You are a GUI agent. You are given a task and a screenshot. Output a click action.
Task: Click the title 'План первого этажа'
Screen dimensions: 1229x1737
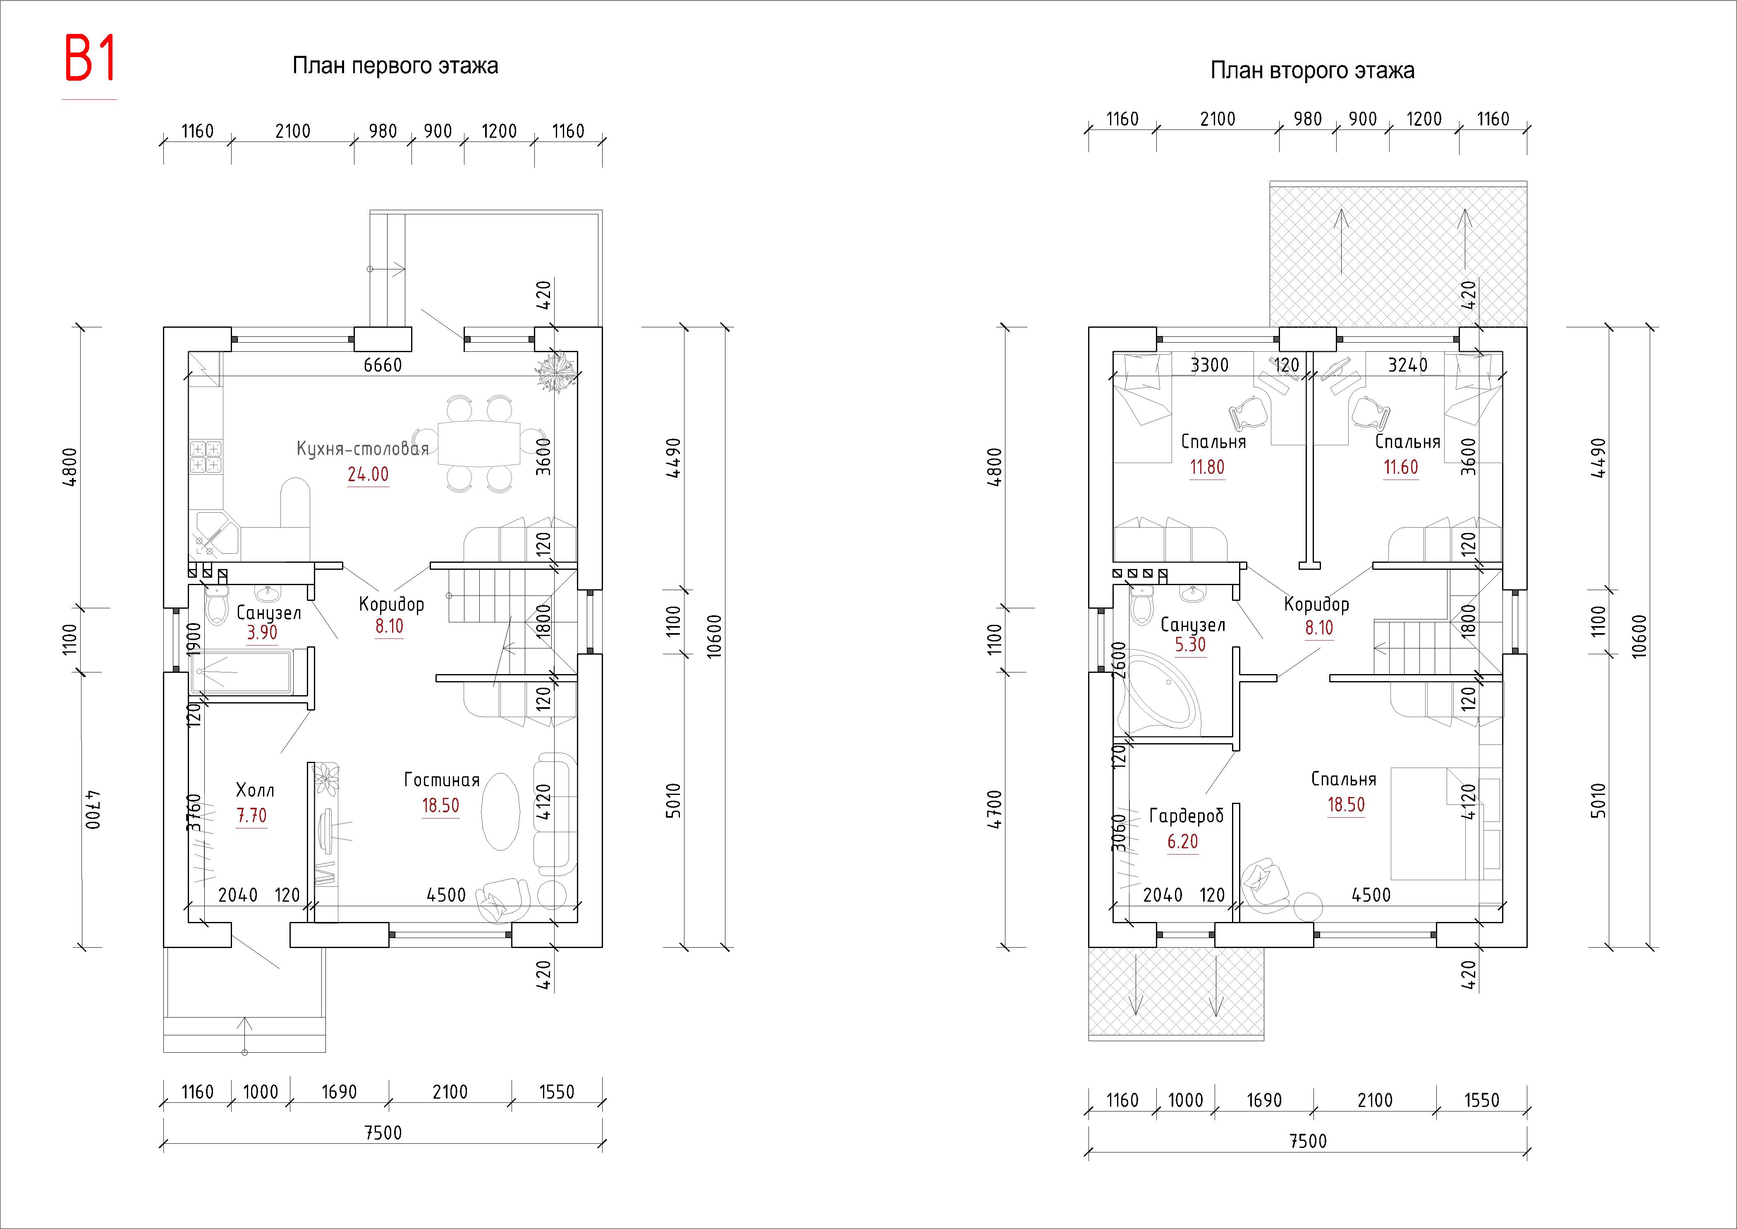(x=395, y=67)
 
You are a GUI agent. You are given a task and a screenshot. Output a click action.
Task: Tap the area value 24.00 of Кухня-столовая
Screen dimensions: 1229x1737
(x=368, y=475)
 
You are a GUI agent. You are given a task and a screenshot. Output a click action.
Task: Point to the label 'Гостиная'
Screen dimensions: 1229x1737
(x=442, y=780)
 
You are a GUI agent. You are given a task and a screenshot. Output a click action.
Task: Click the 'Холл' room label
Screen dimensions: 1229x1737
(x=255, y=790)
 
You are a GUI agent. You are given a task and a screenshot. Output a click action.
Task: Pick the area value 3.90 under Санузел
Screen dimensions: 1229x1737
(x=262, y=633)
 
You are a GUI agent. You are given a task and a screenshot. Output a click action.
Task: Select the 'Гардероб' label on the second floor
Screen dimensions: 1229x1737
(x=1185, y=816)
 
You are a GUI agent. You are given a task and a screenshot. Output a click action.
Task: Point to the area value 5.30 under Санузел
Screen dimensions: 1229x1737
(x=1190, y=645)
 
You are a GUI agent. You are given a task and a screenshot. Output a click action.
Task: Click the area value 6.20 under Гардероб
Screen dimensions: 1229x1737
(x=1182, y=842)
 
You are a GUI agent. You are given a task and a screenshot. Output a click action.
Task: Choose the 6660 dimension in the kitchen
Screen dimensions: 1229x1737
(x=383, y=365)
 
